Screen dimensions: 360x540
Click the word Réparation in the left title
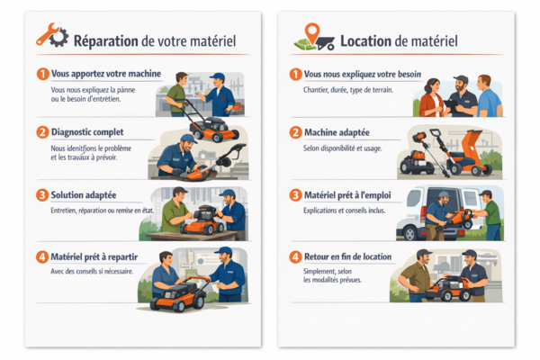click(106, 40)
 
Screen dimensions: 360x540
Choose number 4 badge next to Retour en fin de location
click(295, 256)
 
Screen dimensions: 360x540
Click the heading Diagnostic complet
click(88, 131)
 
